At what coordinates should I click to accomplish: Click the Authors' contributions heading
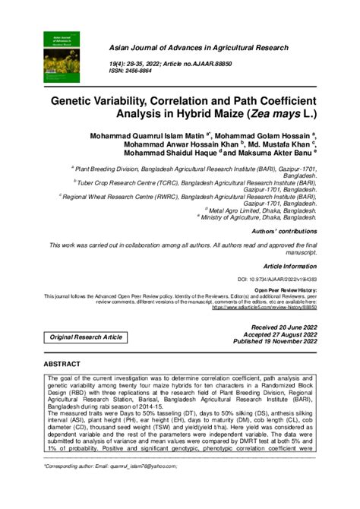point(286,231)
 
